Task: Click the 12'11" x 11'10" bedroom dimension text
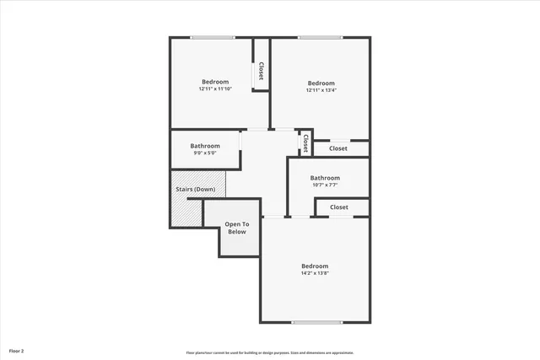click(x=215, y=89)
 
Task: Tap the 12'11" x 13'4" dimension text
click(x=321, y=90)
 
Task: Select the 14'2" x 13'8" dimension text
click(x=315, y=273)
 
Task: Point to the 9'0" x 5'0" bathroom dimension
click(x=205, y=153)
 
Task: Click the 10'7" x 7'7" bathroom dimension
click(x=325, y=185)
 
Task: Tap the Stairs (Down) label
click(x=195, y=190)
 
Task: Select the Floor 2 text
click(x=16, y=349)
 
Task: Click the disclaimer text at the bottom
click(x=270, y=352)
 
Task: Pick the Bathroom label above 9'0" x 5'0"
click(x=205, y=145)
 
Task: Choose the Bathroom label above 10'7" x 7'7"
click(x=325, y=178)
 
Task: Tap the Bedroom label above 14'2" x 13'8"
click(x=315, y=266)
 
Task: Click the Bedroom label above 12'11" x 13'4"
click(x=321, y=83)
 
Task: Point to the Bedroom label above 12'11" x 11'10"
click(x=215, y=81)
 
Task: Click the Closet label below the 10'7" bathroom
click(x=339, y=207)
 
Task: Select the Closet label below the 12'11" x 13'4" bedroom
click(x=337, y=148)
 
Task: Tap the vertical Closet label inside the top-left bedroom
click(x=262, y=71)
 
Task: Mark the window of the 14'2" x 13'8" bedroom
click(x=316, y=323)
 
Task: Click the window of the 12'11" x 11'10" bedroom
click(x=213, y=37)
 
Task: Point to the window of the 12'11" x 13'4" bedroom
click(x=321, y=37)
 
